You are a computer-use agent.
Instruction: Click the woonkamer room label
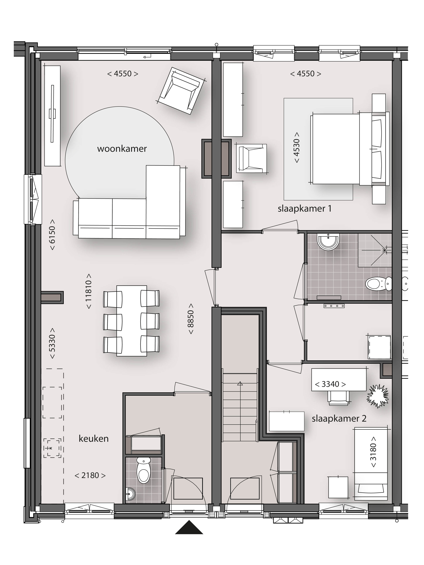point(122,149)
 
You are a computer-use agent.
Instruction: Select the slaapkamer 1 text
point(305,209)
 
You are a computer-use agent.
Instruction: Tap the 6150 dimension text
point(52,235)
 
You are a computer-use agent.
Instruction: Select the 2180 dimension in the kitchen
point(90,475)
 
